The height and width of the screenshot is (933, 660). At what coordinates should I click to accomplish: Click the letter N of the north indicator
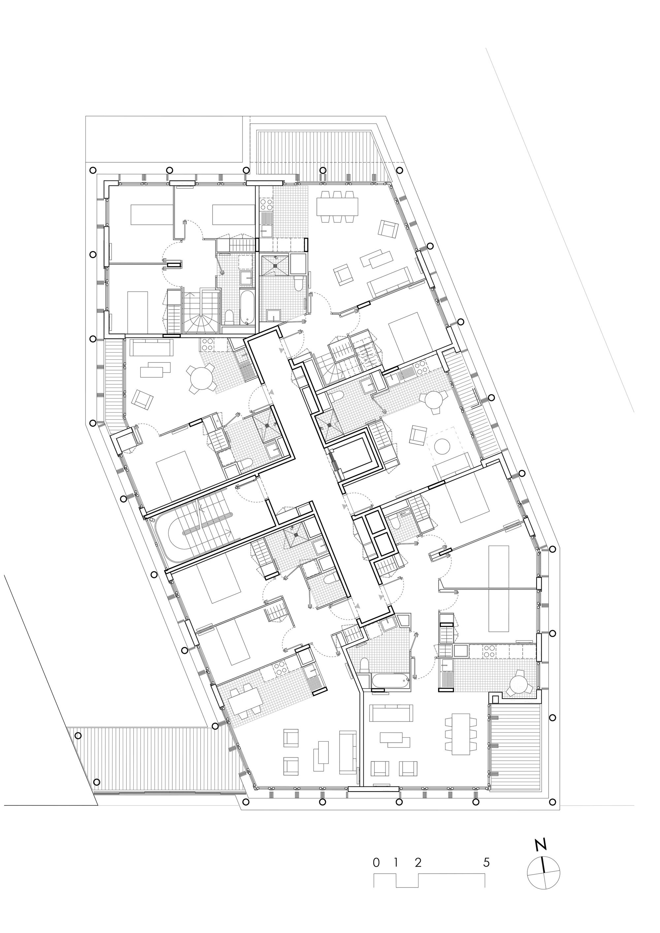[541, 830]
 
